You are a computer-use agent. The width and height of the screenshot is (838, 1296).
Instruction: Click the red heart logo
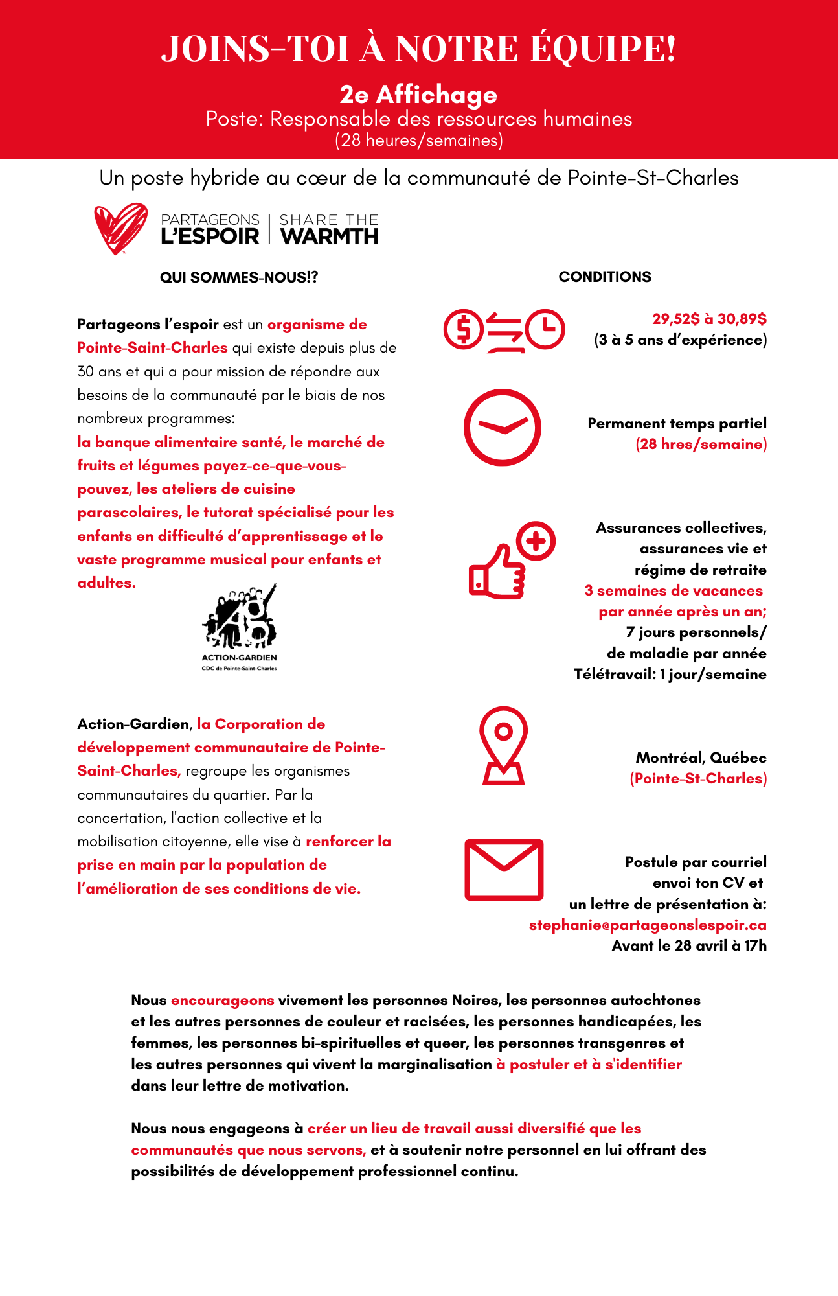pos(120,228)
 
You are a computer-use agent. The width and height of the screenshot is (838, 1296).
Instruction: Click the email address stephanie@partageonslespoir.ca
pos(648,925)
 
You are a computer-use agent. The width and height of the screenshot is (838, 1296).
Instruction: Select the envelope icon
pos(504,870)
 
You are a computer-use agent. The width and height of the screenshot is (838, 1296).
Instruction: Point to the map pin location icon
pos(503,746)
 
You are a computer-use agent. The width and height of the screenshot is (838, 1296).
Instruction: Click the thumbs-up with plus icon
pos(511,561)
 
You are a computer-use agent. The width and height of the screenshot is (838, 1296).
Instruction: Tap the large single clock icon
pos(503,427)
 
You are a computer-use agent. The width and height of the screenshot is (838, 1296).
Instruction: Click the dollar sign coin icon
pos(463,329)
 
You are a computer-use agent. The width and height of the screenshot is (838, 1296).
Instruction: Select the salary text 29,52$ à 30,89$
pos(709,319)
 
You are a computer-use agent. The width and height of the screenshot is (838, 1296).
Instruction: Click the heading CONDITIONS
pos(605,277)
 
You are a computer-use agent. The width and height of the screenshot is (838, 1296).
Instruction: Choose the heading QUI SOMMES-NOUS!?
pos(239,277)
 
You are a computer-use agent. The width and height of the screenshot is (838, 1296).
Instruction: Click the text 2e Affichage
pos(418,95)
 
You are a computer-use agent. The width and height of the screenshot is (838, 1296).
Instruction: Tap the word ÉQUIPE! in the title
pos(603,49)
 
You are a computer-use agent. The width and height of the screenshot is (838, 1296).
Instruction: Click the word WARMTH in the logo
pos(330,237)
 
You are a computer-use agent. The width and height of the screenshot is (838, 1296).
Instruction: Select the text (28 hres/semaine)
pos(701,445)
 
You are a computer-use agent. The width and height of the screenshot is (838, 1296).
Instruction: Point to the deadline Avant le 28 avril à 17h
pos(689,945)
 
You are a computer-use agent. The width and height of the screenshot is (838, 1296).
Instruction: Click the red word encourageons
pos(222,1000)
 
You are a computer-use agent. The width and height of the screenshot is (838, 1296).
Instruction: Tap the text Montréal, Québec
pos(701,758)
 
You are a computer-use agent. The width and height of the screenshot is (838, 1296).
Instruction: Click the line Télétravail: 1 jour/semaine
pos(670,674)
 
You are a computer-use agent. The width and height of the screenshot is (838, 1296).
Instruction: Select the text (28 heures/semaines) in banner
pos(418,140)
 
